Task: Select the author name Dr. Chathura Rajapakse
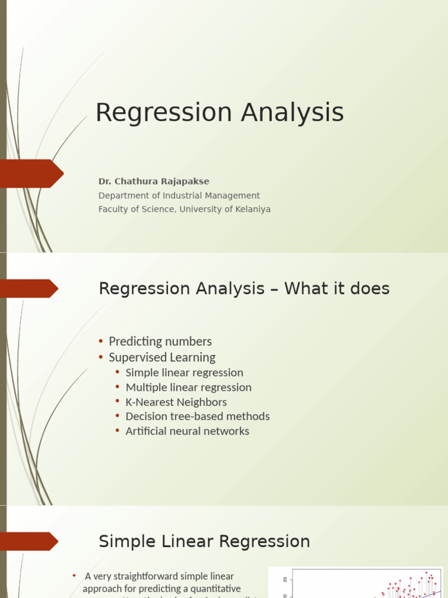point(153,182)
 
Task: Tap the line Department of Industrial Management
point(179,196)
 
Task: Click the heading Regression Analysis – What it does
point(244,288)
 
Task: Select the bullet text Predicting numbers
point(160,342)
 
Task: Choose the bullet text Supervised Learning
point(162,357)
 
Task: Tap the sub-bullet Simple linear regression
point(184,373)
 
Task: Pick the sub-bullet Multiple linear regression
point(188,387)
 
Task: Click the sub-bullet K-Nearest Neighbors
point(176,402)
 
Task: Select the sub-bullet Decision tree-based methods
point(197,416)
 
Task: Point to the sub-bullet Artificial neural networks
point(187,431)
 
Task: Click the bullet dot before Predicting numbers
point(101,342)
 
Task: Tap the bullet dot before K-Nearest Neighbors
point(118,402)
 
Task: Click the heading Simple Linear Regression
point(204,541)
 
